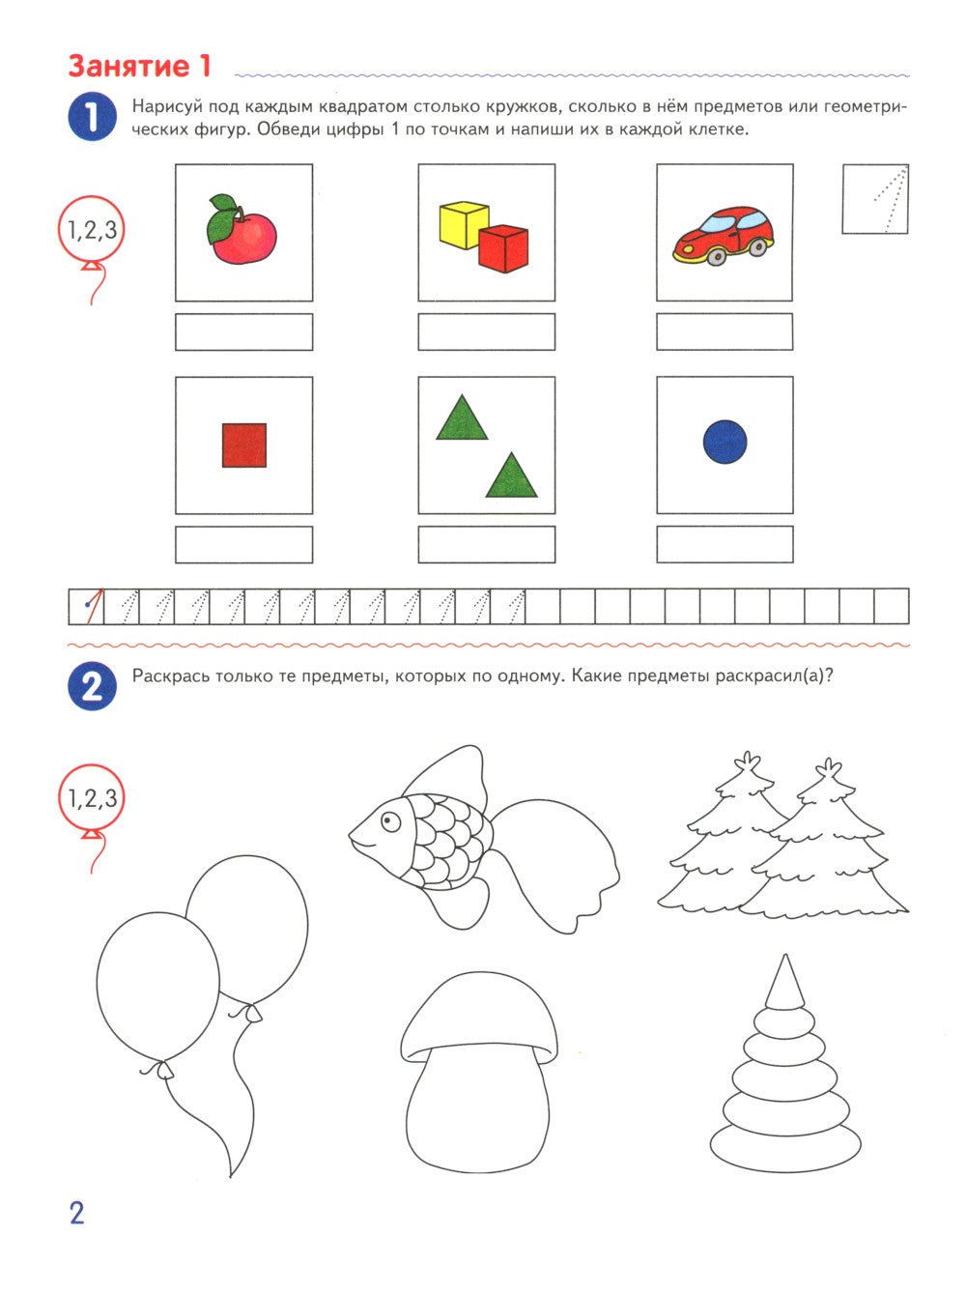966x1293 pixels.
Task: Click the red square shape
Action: [244, 445]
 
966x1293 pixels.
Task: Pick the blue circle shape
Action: [724, 442]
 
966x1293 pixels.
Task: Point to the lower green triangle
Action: [511, 477]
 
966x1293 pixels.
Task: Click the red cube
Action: [504, 248]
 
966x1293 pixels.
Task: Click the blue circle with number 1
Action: [93, 116]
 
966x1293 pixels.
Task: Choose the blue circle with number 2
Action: [93, 686]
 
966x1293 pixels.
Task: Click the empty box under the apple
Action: [243, 331]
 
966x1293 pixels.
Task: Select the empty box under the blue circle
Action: [724, 544]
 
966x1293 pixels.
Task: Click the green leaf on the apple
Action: [222, 221]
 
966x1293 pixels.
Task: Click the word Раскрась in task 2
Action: [168, 675]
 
